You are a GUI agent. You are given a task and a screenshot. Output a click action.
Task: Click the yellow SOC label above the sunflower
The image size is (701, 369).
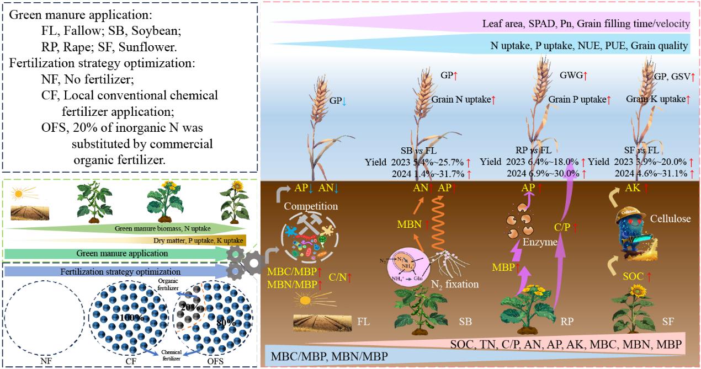(x=634, y=276)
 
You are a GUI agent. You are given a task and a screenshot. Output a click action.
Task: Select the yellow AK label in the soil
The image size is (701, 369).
(x=625, y=188)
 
